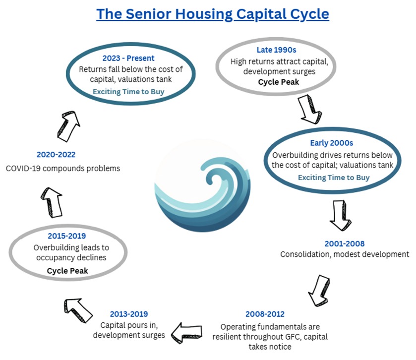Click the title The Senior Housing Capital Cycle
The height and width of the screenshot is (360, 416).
click(x=212, y=13)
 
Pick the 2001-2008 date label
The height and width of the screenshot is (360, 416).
click(x=345, y=243)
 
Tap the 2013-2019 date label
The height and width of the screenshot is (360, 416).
click(x=128, y=314)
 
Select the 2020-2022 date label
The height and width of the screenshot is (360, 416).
click(x=56, y=155)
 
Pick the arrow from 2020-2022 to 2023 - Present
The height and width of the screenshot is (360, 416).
click(x=70, y=125)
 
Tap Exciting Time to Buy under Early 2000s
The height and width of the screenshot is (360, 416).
click(x=333, y=177)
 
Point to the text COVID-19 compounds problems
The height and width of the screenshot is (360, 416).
click(x=63, y=168)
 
